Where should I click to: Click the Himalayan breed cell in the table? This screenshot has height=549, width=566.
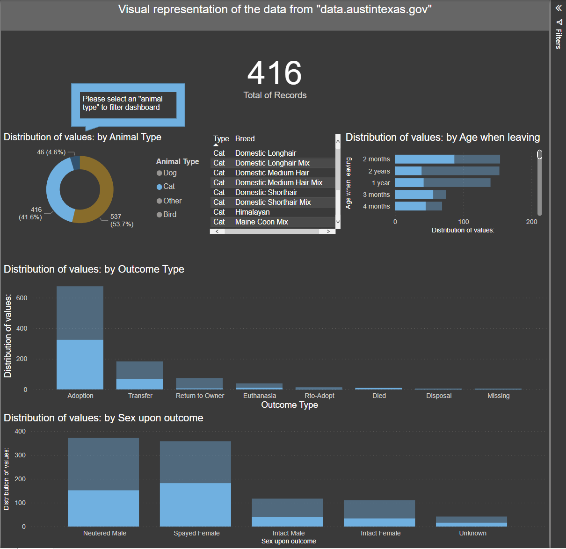click(252, 212)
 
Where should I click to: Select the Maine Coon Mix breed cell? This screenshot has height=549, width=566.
click(261, 222)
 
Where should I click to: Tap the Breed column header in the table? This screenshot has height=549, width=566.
click(245, 139)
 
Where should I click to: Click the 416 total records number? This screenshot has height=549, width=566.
click(275, 73)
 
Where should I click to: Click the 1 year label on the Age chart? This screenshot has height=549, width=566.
click(381, 183)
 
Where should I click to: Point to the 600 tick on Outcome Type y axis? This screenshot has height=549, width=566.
click(22, 298)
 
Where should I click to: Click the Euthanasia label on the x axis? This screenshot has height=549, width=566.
click(260, 396)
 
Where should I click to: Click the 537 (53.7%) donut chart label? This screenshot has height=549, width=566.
click(122, 220)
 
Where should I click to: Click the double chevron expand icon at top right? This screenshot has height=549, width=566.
click(559, 8)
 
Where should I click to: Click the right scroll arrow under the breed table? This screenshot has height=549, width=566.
click(328, 231)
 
